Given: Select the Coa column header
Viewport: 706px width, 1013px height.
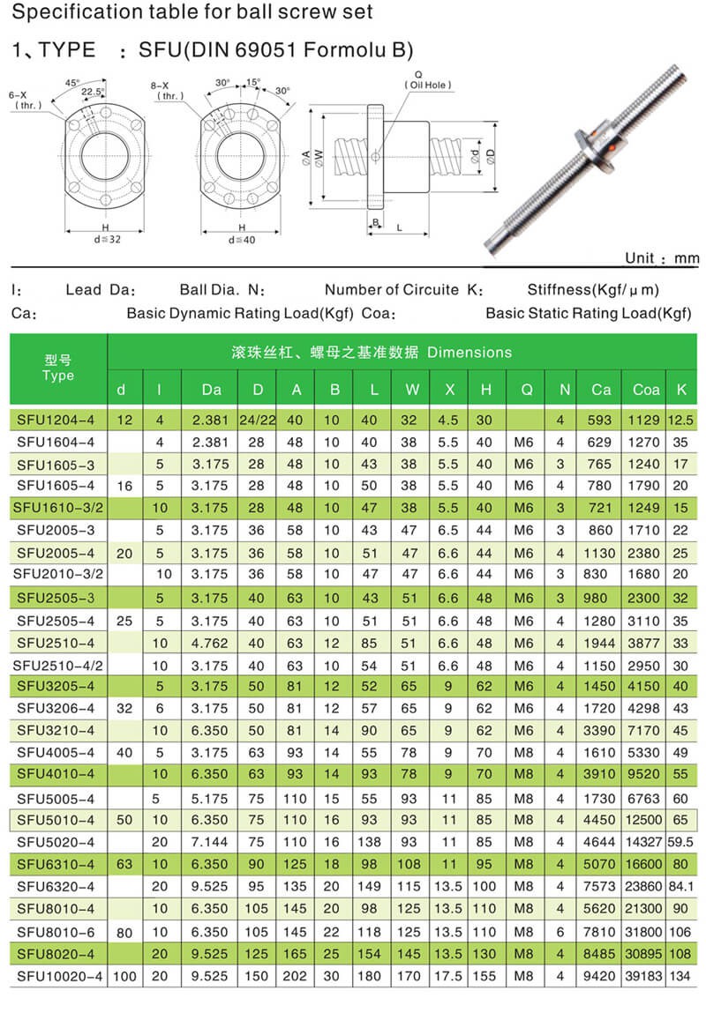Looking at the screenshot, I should pos(646,389).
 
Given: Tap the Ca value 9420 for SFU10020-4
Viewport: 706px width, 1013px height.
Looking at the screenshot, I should pos(601,976).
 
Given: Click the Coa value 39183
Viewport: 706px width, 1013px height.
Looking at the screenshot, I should pos(646,976).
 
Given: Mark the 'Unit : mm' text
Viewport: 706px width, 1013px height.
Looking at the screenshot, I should pos(661,258).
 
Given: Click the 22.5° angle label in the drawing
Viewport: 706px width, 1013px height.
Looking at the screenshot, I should pos(93,91).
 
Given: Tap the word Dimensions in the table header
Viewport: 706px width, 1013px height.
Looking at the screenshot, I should pos(469,353).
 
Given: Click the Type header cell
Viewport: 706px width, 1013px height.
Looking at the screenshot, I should pos(57,369).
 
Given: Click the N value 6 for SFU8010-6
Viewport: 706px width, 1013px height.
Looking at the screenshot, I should pos(560,931).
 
